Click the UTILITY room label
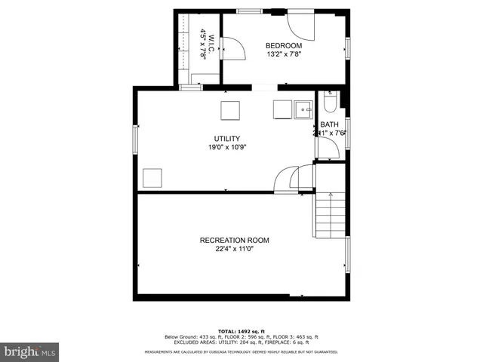point(226,139)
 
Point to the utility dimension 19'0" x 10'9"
point(227,148)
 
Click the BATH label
point(329,125)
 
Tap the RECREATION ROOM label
point(234,241)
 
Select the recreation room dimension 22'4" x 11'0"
point(234,250)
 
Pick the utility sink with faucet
point(303,109)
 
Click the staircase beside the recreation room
point(330,215)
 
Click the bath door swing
point(326,148)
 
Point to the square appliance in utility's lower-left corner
point(153,179)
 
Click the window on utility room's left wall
point(136,138)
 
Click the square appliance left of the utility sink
point(281,110)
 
